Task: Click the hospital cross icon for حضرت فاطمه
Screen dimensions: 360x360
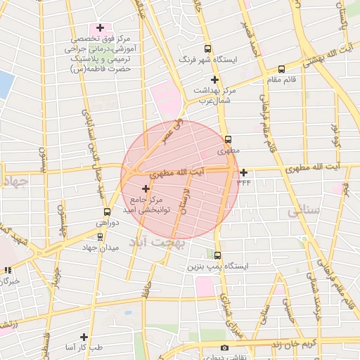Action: click(101, 28)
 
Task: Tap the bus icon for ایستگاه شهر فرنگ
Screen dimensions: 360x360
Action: click(207, 49)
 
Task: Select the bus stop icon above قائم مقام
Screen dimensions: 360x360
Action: click(282, 70)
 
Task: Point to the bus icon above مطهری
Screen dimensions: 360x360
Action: click(228, 139)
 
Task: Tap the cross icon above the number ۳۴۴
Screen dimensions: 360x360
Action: click(243, 172)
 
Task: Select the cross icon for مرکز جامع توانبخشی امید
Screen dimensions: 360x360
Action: click(146, 188)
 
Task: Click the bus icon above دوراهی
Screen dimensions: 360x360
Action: click(107, 211)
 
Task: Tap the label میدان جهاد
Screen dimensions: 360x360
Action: click(98, 247)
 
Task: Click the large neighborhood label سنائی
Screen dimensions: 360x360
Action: click(304, 210)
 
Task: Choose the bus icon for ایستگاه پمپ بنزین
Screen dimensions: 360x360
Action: click(217, 255)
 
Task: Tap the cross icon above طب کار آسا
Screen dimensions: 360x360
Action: click(84, 337)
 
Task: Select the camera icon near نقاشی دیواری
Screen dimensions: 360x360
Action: click(224, 347)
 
